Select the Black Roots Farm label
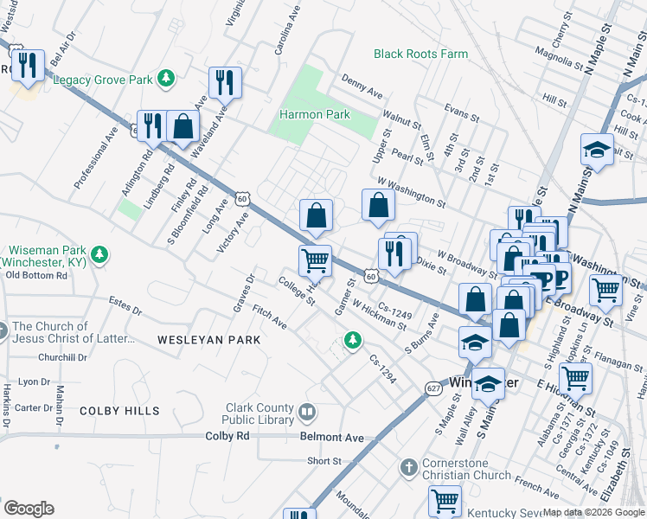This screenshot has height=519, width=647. (x=420, y=54)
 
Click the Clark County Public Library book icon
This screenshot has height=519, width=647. (x=305, y=410)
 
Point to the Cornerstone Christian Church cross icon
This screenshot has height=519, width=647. (x=409, y=468)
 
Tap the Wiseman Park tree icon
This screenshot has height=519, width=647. (x=100, y=253)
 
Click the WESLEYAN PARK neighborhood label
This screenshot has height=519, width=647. (x=208, y=340)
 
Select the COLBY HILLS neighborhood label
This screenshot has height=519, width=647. (x=119, y=411)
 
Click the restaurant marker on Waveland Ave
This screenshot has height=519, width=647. (x=225, y=82)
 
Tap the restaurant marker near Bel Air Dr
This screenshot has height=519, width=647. (x=29, y=66)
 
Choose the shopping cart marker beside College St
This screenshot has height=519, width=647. (x=315, y=259)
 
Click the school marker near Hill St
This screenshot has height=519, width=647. (x=597, y=151)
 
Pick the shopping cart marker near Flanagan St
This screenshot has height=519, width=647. (x=574, y=377)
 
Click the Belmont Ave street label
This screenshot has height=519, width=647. (x=332, y=438)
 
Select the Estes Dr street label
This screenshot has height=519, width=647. (x=125, y=306)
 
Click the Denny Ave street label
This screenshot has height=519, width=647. (x=362, y=86)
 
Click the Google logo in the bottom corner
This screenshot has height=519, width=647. (x=29, y=509)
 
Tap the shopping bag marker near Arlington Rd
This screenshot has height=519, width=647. (x=183, y=126)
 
